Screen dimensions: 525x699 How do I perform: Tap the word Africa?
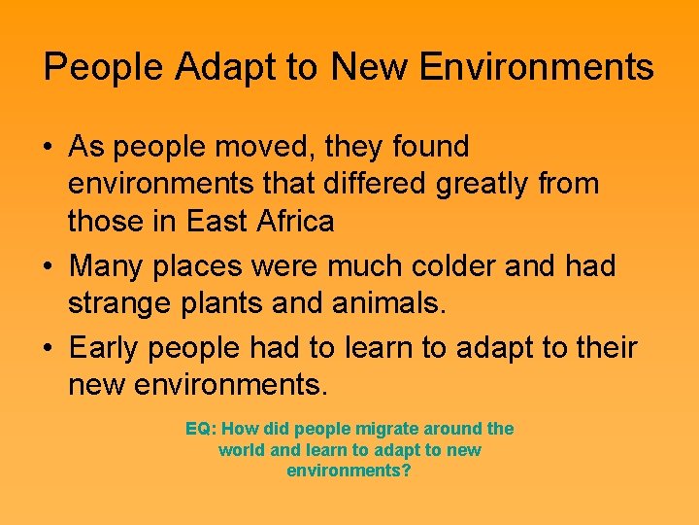(x=292, y=222)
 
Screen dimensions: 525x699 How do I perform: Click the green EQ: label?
(x=201, y=429)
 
